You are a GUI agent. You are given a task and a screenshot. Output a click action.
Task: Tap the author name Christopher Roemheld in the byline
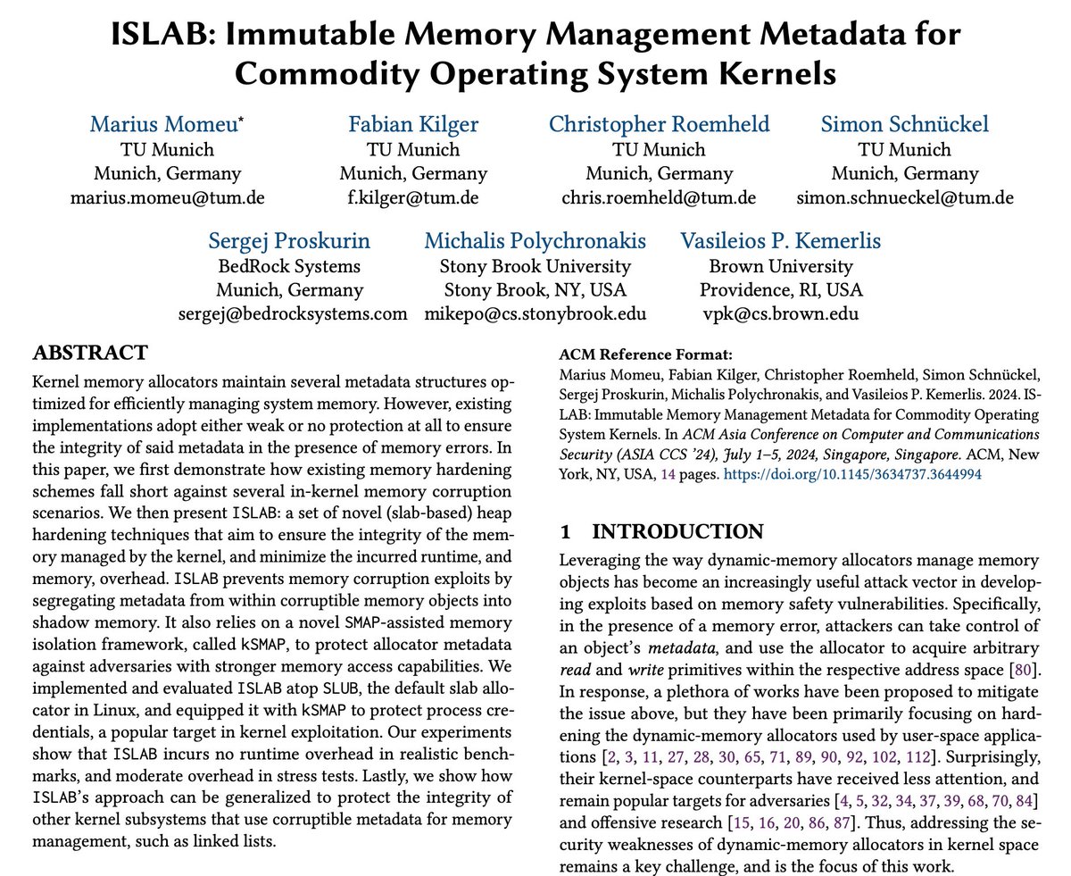659,125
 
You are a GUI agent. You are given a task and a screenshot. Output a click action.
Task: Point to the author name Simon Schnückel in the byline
904,125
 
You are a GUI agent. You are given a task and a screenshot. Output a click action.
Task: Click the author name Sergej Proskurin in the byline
289,241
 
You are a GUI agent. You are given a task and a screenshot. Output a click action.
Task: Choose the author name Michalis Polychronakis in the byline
535,241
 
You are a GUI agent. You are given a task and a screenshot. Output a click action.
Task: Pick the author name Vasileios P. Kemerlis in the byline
781,241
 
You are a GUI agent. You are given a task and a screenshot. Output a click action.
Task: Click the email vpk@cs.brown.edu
781,313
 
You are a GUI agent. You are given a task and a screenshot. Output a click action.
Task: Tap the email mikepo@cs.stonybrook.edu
535,313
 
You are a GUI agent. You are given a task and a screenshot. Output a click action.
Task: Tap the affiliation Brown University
781,265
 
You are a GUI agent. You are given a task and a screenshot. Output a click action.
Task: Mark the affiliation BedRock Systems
289,265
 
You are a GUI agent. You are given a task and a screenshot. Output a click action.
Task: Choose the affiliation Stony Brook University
535,265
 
